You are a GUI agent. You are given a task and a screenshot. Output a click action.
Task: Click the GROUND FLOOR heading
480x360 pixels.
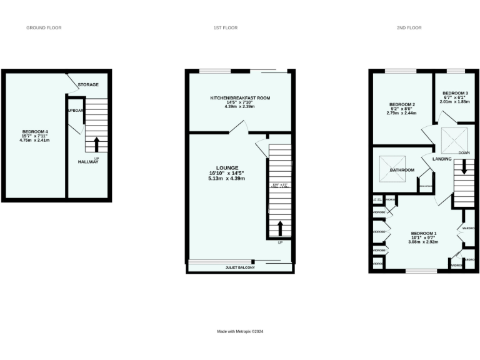tap(44, 28)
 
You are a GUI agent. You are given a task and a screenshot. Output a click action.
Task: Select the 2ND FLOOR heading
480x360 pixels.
tap(409, 28)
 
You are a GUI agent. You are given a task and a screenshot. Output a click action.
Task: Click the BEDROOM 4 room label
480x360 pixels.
tap(35, 131)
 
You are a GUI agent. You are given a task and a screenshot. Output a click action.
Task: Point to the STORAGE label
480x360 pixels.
tap(89, 84)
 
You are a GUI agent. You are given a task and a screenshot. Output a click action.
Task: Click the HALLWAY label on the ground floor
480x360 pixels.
tap(88, 162)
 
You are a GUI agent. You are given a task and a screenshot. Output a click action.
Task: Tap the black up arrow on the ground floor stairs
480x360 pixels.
tap(96, 144)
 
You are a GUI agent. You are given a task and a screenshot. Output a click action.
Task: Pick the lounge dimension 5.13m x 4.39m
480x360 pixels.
tap(227, 179)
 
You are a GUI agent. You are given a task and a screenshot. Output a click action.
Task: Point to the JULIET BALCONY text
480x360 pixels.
tap(240, 267)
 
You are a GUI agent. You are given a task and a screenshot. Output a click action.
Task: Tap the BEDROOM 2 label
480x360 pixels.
tap(402, 104)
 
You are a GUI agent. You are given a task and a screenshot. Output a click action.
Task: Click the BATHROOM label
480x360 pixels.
tap(402, 170)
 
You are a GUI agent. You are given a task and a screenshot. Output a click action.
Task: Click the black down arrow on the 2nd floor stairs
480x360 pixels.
tap(464, 167)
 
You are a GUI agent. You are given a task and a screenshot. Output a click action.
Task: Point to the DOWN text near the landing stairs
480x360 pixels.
tap(464, 153)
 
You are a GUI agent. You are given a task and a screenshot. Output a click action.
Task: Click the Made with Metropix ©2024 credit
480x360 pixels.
tap(240, 331)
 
